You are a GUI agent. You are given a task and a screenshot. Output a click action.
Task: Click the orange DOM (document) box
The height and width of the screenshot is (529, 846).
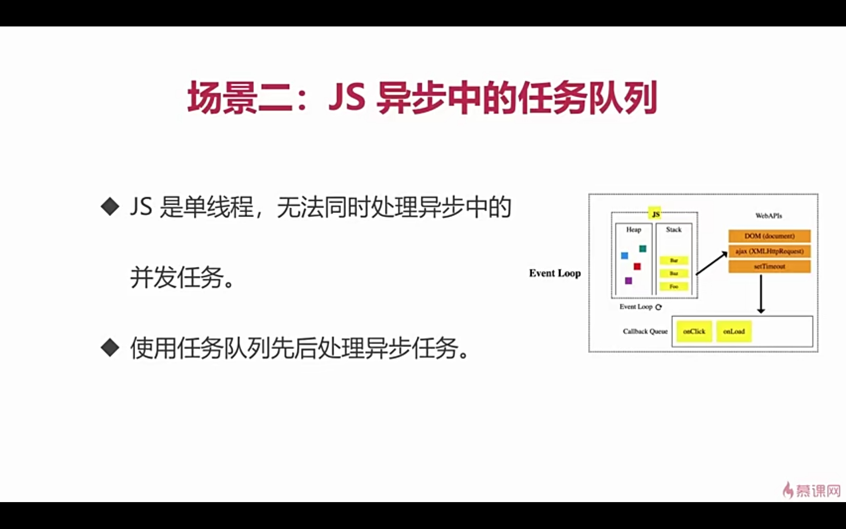point(769,236)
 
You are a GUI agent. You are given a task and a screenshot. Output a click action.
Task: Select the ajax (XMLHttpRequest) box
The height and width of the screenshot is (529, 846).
point(769,251)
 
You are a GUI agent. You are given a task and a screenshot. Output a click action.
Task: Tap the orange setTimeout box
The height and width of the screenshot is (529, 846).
point(769,266)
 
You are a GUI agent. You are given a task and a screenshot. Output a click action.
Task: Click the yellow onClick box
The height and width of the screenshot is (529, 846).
point(694,332)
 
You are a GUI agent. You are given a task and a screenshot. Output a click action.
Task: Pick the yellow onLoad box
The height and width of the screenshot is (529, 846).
point(734,332)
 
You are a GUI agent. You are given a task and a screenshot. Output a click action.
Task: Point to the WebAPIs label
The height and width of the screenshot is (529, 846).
point(768,216)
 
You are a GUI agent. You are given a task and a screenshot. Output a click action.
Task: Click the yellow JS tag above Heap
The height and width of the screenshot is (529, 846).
point(655,214)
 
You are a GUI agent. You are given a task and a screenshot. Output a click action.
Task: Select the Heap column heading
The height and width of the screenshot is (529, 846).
point(634,230)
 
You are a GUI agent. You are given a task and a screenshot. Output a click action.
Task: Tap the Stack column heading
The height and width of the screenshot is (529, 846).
point(673,230)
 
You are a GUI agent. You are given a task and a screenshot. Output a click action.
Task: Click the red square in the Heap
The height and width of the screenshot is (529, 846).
point(637,266)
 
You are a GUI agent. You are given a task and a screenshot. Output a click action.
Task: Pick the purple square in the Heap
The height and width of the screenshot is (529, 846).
point(628,281)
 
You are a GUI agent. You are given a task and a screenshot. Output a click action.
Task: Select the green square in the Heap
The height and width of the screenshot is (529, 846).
point(642,249)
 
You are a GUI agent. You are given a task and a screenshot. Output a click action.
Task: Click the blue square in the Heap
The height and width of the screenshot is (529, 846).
point(624,256)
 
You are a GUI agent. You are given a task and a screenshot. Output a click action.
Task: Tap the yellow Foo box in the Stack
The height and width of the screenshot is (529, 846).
point(674,287)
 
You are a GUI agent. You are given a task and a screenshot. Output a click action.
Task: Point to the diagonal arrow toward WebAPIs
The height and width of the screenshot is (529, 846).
point(711,263)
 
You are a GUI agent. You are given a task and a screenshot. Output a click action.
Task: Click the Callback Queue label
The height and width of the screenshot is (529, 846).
point(645,332)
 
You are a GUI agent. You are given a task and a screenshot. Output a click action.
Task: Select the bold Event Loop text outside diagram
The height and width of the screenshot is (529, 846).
point(555,273)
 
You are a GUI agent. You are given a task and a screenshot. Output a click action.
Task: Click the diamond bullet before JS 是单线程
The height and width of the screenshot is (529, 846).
point(110,206)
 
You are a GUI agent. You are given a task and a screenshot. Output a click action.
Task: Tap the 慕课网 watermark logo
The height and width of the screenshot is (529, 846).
point(812,490)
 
